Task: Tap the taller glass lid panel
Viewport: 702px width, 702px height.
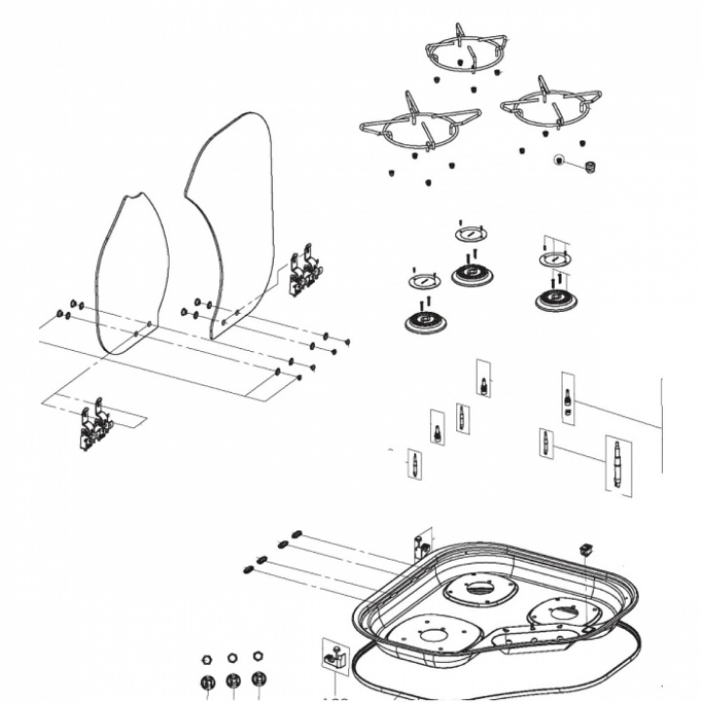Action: (232, 214)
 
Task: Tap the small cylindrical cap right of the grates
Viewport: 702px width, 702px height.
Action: (589, 167)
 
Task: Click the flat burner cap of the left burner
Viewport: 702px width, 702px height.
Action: (424, 282)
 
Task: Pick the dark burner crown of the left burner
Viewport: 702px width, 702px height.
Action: (424, 321)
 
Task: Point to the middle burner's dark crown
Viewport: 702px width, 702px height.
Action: (471, 275)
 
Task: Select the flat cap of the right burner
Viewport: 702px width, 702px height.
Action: (555, 259)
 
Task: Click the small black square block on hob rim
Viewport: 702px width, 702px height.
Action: (587, 547)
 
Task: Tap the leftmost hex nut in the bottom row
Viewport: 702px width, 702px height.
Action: (207, 658)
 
